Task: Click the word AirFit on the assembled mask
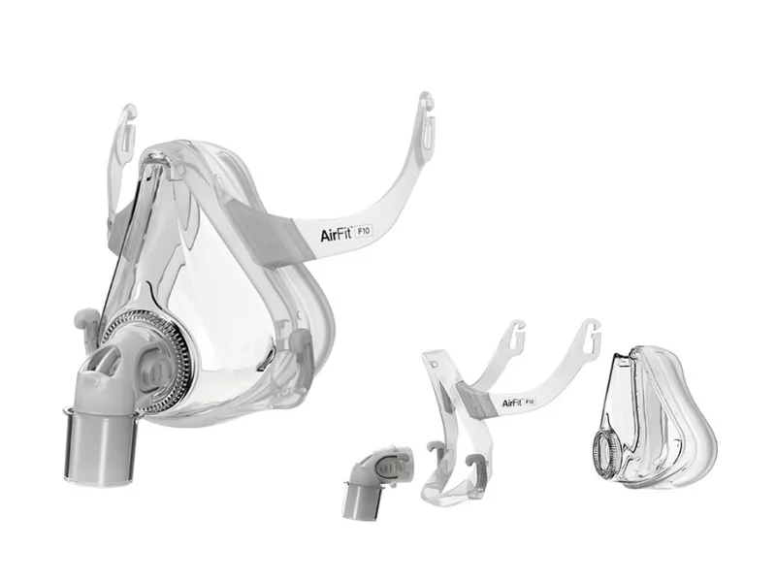336,234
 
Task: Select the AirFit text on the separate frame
512,403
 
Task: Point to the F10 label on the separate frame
530,402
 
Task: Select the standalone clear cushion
654,418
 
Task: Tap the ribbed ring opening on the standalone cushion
605,450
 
